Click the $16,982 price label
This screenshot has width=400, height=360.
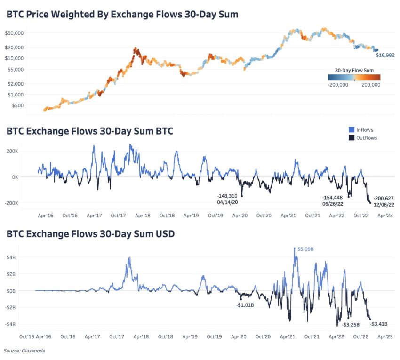(384, 55)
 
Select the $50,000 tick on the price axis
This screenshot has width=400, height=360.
(16, 33)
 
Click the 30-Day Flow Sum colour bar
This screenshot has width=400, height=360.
(354, 77)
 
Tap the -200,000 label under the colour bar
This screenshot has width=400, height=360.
(337, 85)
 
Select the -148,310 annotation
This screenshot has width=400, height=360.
(227, 195)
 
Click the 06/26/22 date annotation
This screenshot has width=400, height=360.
(332, 204)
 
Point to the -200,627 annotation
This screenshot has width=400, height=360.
(383, 198)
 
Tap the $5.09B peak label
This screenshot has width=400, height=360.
(305, 248)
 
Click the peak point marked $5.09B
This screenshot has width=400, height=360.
(295, 248)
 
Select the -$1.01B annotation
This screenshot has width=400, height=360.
(245, 305)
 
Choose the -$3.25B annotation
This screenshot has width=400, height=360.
(351, 324)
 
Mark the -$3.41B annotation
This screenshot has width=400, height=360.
(380, 324)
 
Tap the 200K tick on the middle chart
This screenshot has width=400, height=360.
(24, 151)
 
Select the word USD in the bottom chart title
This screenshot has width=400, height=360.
(163, 233)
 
